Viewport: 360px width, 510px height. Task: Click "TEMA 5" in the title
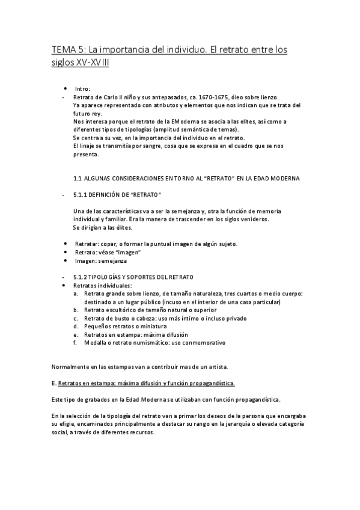67,51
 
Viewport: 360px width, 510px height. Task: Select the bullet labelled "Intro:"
83,88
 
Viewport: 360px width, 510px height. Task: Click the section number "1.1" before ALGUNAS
77,179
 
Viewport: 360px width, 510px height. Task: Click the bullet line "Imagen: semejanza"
100,261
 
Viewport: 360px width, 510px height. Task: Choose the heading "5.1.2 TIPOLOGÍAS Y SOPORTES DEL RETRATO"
133,277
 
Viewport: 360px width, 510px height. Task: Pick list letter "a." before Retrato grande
76,293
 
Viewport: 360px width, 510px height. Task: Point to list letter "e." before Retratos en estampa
76,334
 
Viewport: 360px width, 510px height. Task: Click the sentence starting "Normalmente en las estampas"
140,366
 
